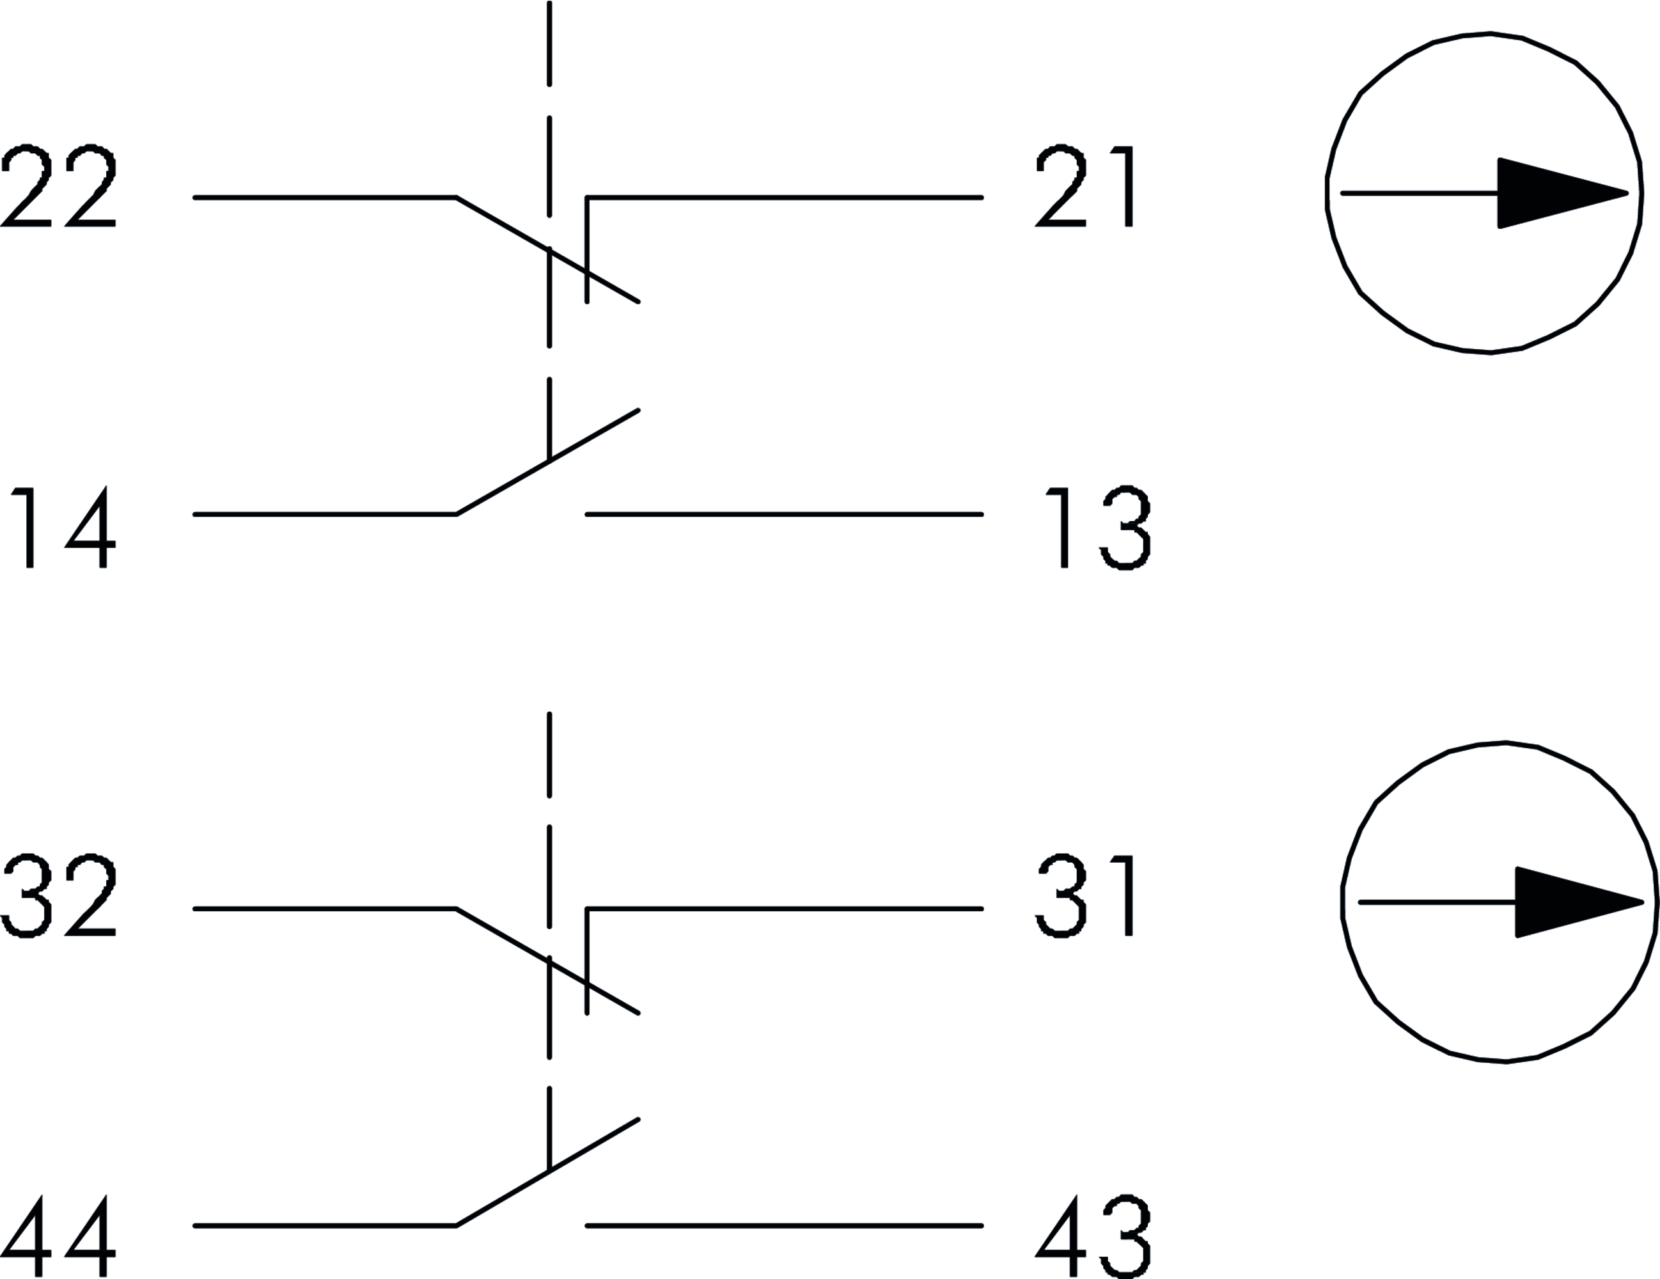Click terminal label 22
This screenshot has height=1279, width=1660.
[x=59, y=186]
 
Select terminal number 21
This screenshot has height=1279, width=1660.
[x=1084, y=186]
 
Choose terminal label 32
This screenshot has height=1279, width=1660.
[x=59, y=896]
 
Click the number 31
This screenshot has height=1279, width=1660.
[x=1084, y=896]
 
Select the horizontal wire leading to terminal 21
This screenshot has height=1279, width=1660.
[x=783, y=198]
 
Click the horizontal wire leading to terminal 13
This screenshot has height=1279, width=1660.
[x=783, y=515]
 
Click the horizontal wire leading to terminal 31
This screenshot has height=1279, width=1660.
[x=783, y=908]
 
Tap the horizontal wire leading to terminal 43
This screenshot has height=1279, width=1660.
[x=783, y=1226]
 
